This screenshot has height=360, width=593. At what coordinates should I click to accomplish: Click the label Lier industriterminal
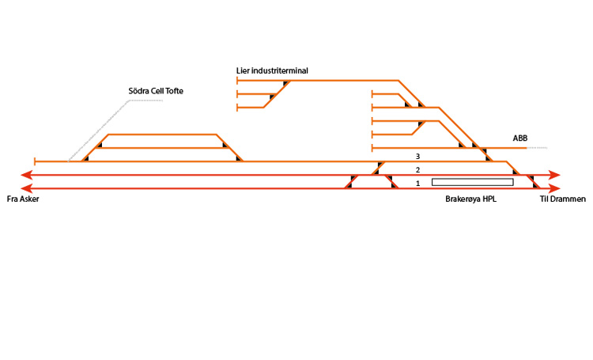coord(272,70)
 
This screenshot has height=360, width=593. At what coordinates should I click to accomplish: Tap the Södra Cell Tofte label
coord(156,92)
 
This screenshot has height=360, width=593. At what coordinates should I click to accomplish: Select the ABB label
coord(519,138)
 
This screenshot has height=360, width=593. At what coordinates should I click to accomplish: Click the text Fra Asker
coord(23,199)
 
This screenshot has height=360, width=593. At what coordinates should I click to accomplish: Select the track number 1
coord(417,184)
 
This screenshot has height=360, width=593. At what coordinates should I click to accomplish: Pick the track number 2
coord(417,170)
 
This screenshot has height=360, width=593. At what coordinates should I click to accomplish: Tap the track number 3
coord(417,156)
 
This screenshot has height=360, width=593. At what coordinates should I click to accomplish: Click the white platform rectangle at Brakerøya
coord(472,183)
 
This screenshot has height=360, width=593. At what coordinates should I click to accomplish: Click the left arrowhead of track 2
coord(25,175)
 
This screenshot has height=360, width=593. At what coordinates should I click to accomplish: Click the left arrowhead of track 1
coord(25,188)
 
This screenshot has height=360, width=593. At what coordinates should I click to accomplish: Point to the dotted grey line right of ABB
coord(537,148)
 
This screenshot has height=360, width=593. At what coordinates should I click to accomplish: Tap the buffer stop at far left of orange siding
coord(36,161)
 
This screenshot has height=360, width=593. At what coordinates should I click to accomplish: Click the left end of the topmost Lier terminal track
coord(238,80)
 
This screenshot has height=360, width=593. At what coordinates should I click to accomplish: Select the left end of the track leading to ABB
coord(372,148)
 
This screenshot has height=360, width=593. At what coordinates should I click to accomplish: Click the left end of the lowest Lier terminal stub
coord(238,107)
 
